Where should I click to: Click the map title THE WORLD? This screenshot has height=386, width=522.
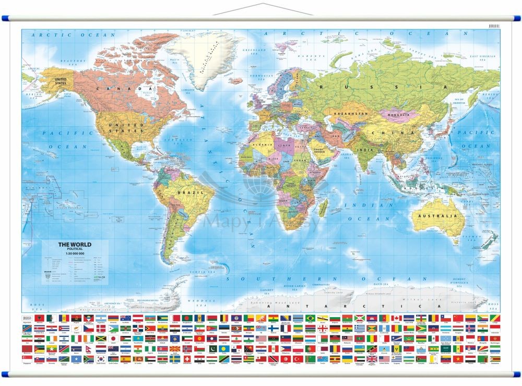(74, 245)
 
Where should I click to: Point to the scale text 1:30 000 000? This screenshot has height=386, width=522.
(74, 254)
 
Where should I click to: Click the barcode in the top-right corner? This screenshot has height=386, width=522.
(495, 25)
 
